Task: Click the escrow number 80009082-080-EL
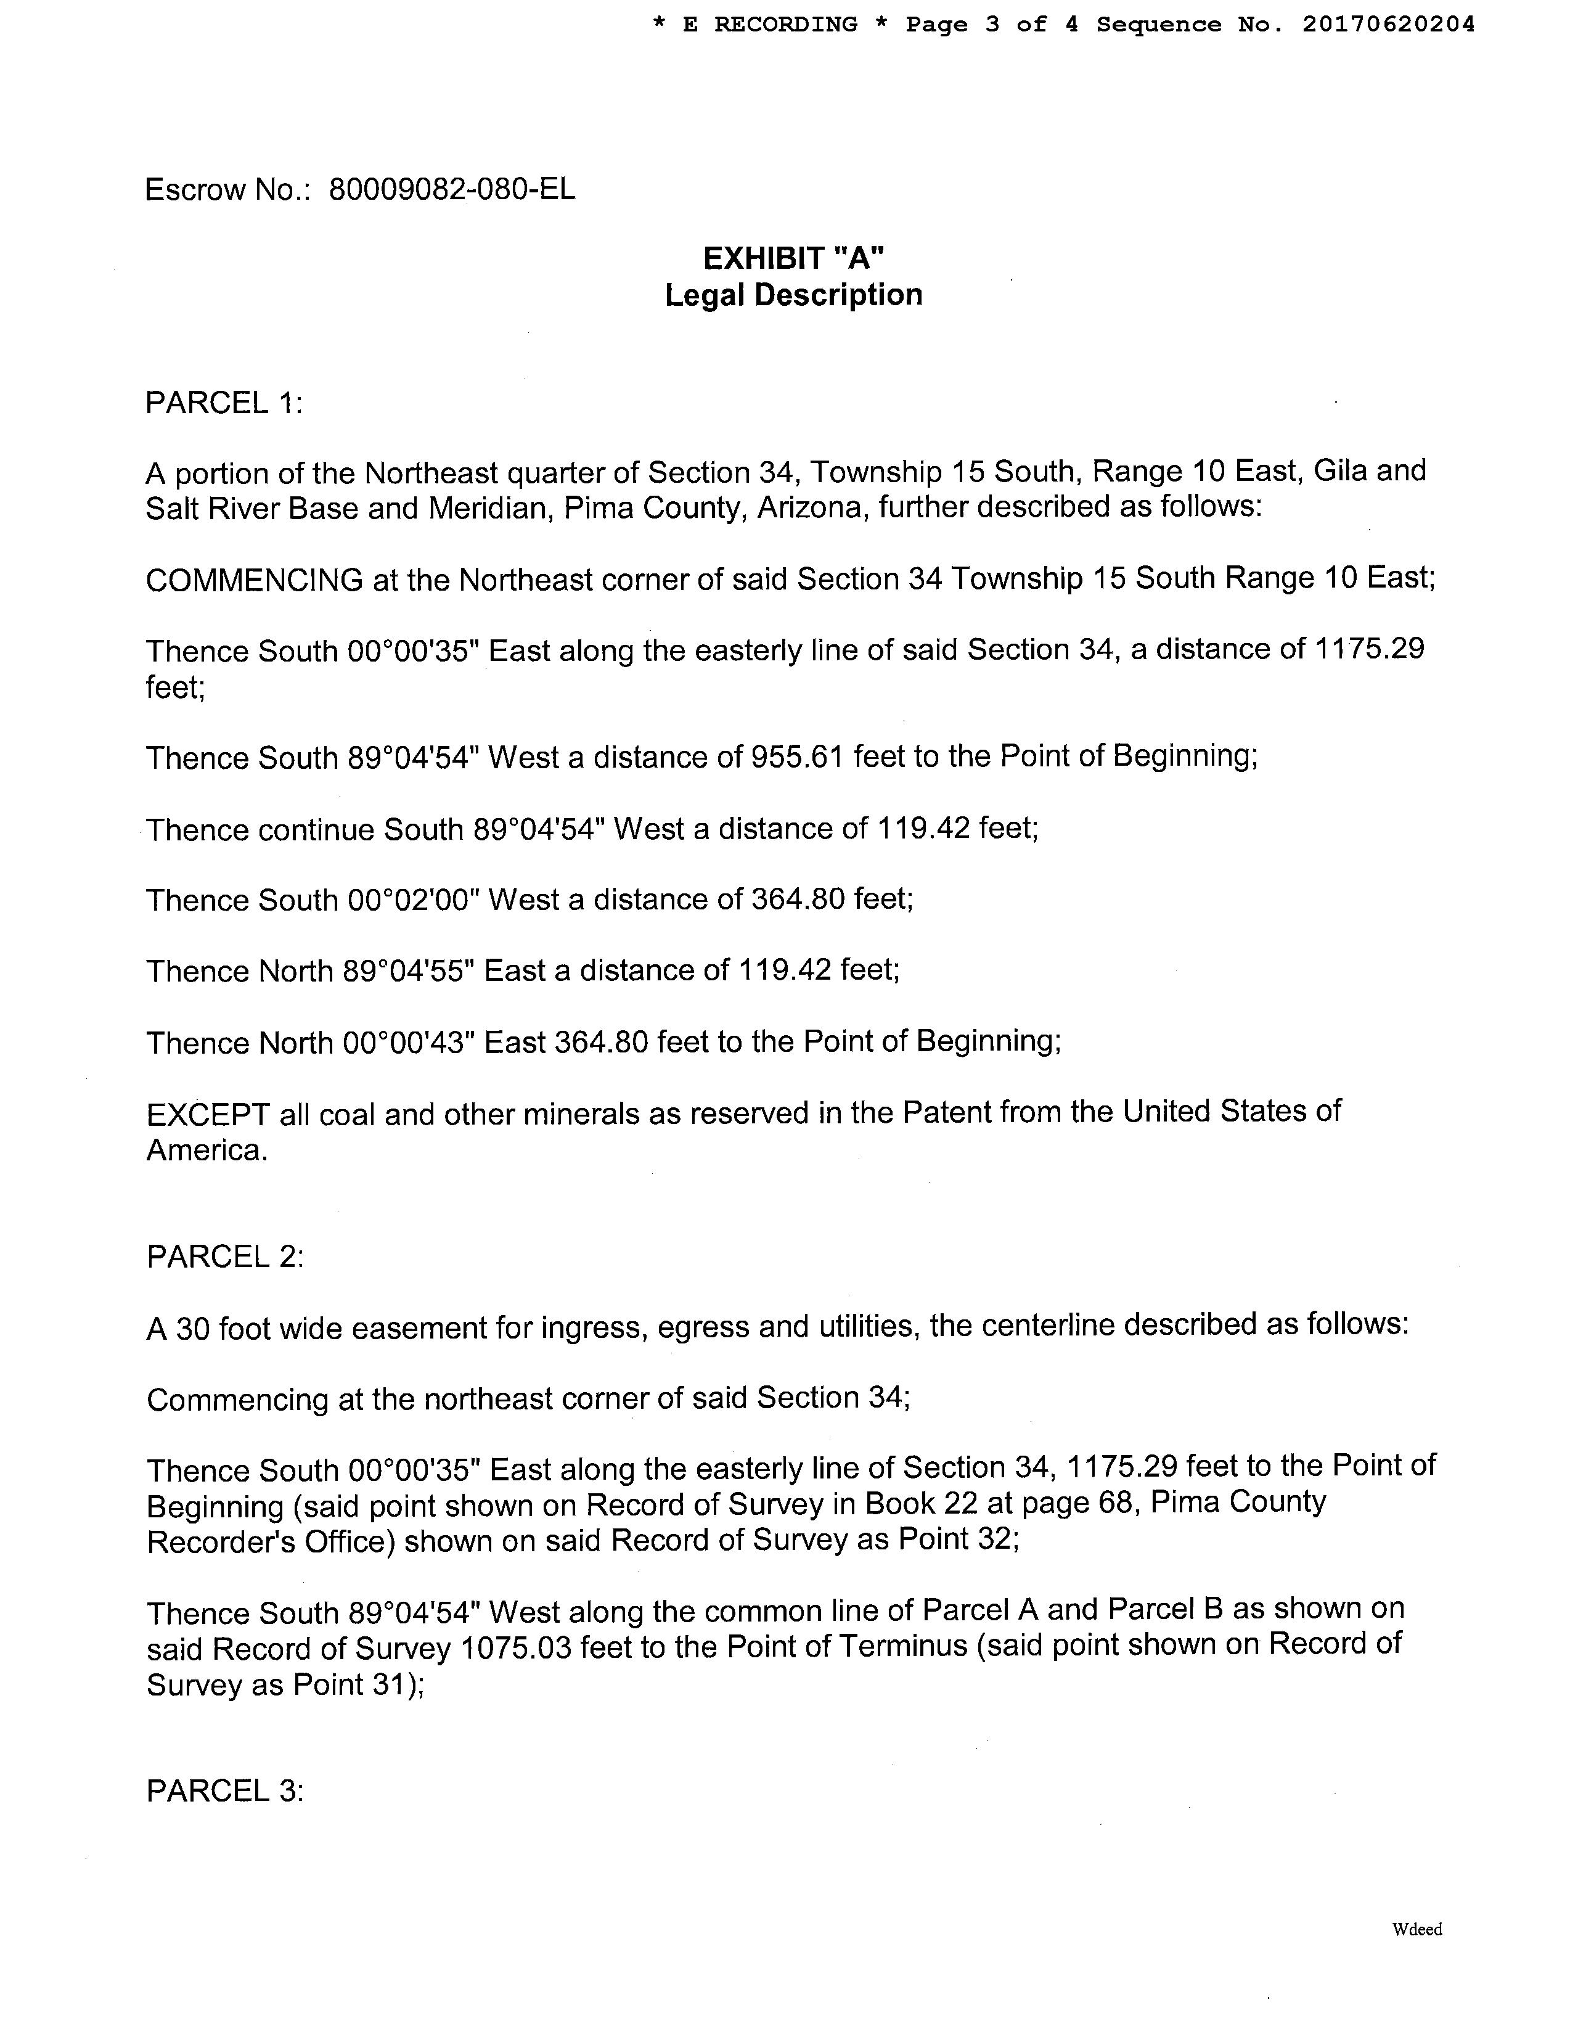452,190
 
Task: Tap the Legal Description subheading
794,295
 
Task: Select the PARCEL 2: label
225,1257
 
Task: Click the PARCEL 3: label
225,1790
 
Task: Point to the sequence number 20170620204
1388,24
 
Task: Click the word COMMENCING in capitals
255,581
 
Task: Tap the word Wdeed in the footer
1417,1929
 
